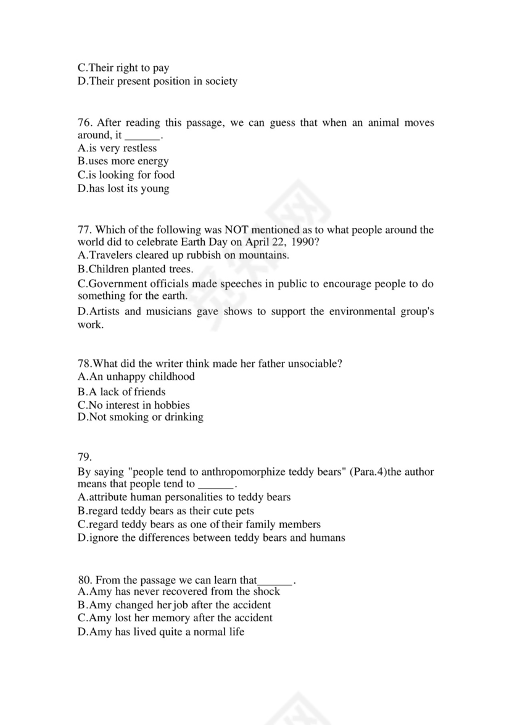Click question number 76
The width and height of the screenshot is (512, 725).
pos(85,123)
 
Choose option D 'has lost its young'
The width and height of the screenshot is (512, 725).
pos(123,188)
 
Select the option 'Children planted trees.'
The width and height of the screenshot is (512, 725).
pos(135,269)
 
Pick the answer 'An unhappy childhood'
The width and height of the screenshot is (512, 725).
pos(136,376)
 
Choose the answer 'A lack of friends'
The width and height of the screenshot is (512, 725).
pos(122,392)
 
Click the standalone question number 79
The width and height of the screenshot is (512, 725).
pos(85,457)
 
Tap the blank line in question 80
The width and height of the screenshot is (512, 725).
pos(275,580)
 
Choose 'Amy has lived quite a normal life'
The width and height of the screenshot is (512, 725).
pos(161,632)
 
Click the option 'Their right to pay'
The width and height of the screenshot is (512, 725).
pos(123,68)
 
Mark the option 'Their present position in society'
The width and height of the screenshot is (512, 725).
pos(157,81)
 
